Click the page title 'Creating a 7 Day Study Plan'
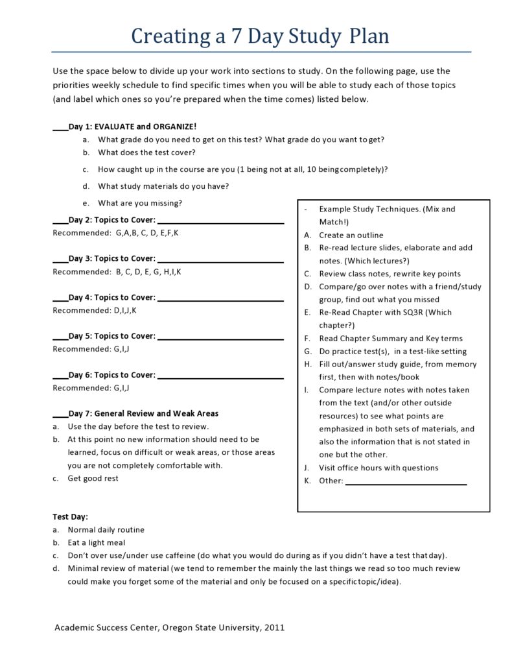click(260, 35)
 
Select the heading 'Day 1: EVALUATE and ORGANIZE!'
click(132, 127)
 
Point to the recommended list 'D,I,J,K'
click(125, 310)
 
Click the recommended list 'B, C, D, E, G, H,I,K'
click(148, 272)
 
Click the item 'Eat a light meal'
click(97, 542)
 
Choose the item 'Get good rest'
click(93, 478)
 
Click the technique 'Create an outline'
click(351, 235)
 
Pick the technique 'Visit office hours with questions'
click(378, 468)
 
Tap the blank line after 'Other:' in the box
click(406, 483)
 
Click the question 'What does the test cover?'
click(146, 152)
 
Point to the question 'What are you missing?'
click(140, 203)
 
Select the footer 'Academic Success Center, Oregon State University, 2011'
click(169, 627)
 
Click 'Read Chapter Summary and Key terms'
click(391, 338)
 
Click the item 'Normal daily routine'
click(106, 529)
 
